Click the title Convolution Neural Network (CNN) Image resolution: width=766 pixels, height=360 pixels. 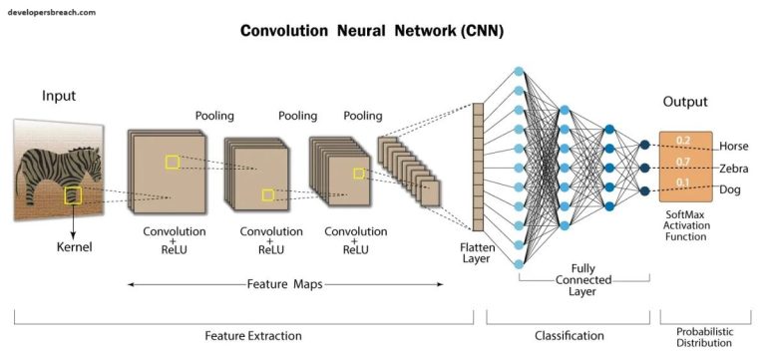372,31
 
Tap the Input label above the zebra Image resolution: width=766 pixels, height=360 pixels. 59,96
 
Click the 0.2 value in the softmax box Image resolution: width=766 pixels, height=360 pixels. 683,141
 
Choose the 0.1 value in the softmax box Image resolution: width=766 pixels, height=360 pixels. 683,182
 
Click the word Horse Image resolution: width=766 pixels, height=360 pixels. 733,147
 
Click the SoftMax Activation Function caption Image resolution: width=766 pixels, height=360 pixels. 685,227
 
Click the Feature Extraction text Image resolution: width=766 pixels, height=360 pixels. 243,336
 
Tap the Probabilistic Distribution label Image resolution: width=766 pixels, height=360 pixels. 702,336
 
